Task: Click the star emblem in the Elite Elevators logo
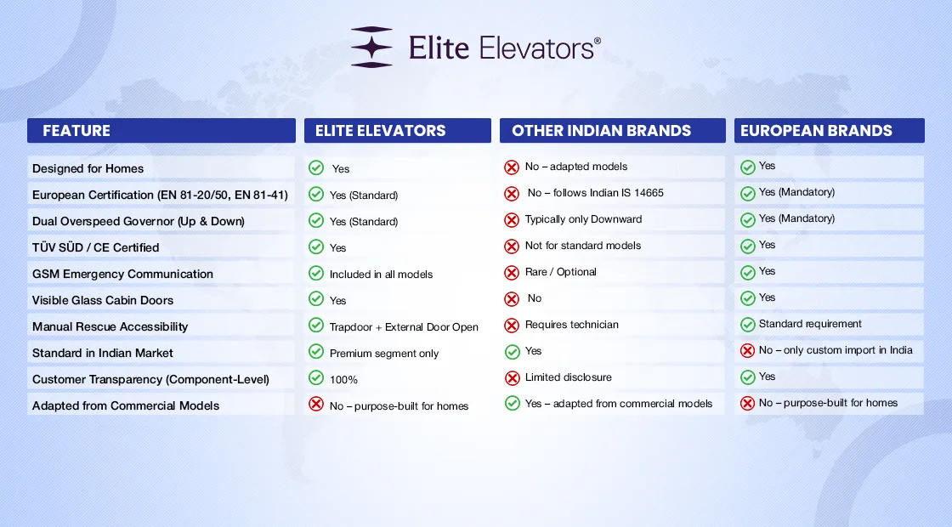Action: [371, 47]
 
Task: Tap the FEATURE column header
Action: [76, 131]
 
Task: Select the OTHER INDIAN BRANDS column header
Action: [601, 131]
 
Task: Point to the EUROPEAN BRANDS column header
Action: [816, 131]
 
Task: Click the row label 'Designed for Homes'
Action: [88, 169]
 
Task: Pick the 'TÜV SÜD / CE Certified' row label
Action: [95, 247]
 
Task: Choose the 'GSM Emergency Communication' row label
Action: [122, 274]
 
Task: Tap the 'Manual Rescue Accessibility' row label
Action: [110, 326]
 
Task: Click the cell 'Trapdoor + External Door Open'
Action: [404, 327]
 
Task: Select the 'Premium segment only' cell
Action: [383, 354]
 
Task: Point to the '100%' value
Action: [343, 379]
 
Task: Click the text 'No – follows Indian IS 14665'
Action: [595, 193]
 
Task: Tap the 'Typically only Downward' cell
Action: [583, 219]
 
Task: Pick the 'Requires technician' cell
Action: [572, 325]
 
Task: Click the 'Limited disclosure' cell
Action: [569, 377]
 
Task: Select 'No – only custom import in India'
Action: [836, 350]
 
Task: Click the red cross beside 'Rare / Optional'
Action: [512, 273]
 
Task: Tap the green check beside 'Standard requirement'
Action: [747, 325]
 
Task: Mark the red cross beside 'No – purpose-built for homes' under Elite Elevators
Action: [315, 404]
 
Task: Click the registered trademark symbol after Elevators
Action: [598, 41]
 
